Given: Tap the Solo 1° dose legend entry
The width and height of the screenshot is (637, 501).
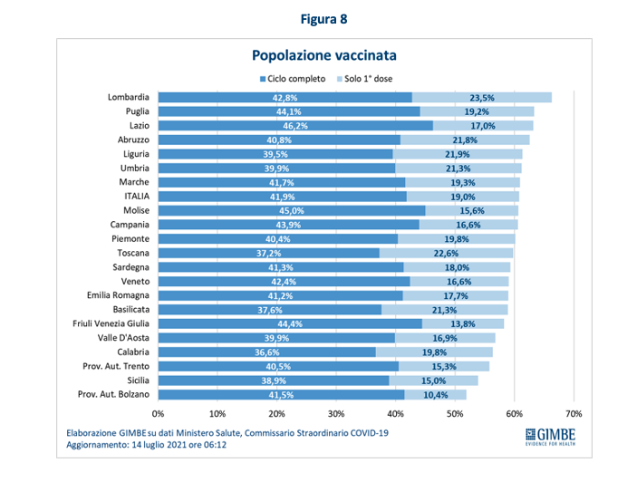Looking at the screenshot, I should (365, 78).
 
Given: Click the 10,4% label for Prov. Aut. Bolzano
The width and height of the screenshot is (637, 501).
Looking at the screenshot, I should (436, 395).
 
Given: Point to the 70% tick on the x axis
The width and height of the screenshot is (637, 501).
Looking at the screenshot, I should (573, 415).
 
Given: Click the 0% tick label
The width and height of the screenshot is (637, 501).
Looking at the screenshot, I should (159, 415).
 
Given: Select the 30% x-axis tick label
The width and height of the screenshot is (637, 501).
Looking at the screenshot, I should (336, 415).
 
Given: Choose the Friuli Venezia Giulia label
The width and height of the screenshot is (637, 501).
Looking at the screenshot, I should (111, 323).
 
